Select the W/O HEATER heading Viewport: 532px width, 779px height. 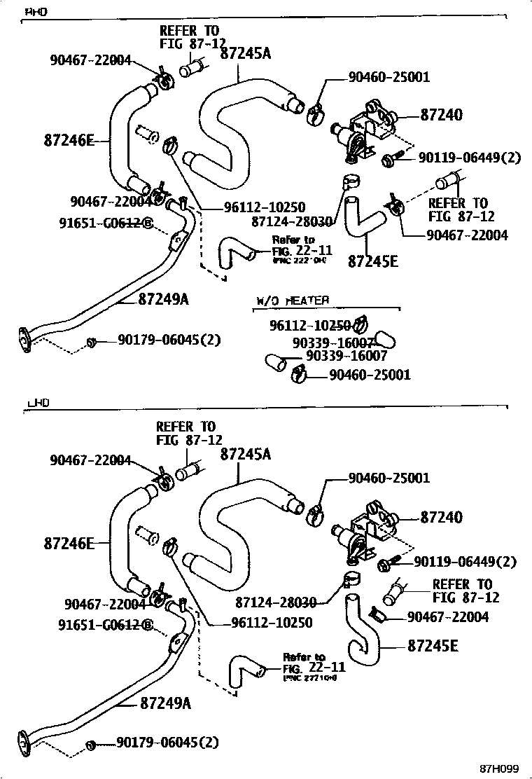point(292,301)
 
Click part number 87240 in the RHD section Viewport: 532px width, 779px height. point(441,115)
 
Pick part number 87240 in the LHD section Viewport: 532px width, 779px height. point(441,518)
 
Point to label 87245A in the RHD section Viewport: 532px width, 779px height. point(245,53)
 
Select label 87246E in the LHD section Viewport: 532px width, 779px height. point(69,542)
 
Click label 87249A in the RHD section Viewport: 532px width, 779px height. point(163,299)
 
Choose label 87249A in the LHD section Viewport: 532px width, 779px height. point(165,702)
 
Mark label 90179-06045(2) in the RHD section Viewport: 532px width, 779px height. point(169,340)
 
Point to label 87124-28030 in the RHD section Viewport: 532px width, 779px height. point(293,221)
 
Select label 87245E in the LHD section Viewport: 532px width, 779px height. point(433,645)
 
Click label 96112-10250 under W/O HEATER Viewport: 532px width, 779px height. point(309,325)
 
